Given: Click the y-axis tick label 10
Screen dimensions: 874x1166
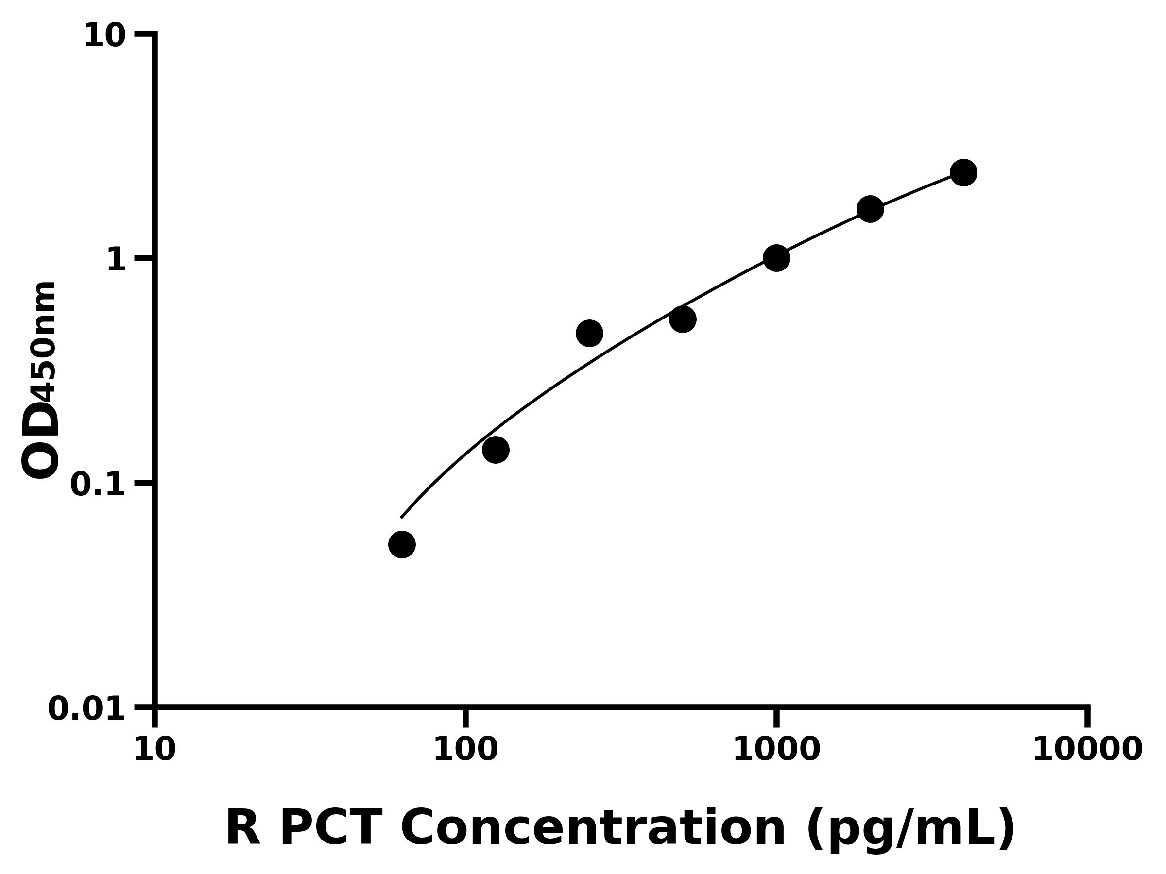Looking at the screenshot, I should coord(105,36).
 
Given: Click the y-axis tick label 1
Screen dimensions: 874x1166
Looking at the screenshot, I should coord(117,260).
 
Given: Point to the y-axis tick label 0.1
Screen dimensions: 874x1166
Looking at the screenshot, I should coord(98,485).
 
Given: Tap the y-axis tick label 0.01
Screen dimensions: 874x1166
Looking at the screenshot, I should coord(87,708).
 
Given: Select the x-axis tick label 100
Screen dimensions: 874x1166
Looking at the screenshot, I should coord(465,750).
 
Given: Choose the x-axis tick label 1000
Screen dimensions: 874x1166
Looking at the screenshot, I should coord(776,750).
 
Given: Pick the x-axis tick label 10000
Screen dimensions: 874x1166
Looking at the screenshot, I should coord(1087,750).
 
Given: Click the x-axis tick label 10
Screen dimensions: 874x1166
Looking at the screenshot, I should coord(154,750).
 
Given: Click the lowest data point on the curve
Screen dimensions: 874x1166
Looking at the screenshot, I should coord(402,544).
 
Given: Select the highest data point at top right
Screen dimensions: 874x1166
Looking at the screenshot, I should coord(963,172).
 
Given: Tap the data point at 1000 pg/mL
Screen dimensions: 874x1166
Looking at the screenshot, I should coord(776,258).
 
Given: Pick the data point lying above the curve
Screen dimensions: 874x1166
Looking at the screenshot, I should coord(589,333).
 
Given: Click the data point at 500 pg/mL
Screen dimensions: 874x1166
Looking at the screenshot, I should coord(683,319).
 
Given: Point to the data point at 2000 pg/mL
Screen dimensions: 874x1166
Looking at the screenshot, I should coord(870,209).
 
